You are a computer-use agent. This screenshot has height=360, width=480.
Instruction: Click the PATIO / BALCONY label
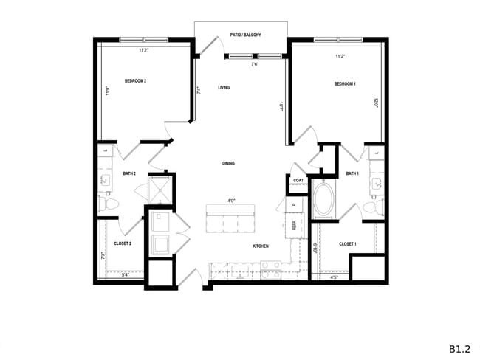[x=241, y=35]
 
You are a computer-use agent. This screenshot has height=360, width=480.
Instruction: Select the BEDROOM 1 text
[x=345, y=84]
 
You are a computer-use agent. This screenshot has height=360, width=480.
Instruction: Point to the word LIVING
[x=224, y=88]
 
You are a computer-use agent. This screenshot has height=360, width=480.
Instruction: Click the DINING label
[x=228, y=163]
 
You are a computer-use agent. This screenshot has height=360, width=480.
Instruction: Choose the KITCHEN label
[x=260, y=246]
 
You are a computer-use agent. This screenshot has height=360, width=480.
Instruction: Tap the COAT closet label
[x=298, y=180]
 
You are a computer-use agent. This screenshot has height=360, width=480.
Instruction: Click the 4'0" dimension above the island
[x=231, y=201]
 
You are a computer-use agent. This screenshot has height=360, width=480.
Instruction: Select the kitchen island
[x=230, y=220]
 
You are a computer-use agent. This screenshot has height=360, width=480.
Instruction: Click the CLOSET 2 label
[x=123, y=243]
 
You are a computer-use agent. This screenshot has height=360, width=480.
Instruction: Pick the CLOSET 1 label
[x=347, y=243]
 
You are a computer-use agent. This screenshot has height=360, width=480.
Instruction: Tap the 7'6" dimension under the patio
[x=255, y=64]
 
